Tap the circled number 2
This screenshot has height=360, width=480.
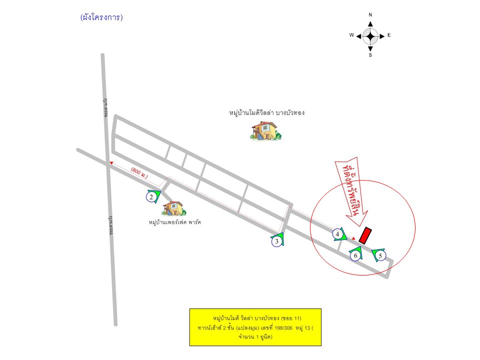(151, 197)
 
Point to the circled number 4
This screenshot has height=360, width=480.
(338, 234)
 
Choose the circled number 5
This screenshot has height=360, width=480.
(381, 255)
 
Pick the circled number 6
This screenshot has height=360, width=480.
(355, 255)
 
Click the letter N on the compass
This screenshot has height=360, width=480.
(370, 15)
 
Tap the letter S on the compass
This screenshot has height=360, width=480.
(370, 55)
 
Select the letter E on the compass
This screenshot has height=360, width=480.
(389, 35)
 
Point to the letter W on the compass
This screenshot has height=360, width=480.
(351, 35)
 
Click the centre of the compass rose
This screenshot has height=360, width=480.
(370, 35)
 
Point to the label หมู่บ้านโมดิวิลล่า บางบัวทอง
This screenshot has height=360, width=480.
(266, 113)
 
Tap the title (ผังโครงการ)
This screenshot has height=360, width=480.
(101, 17)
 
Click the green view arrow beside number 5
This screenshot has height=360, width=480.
(375, 253)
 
